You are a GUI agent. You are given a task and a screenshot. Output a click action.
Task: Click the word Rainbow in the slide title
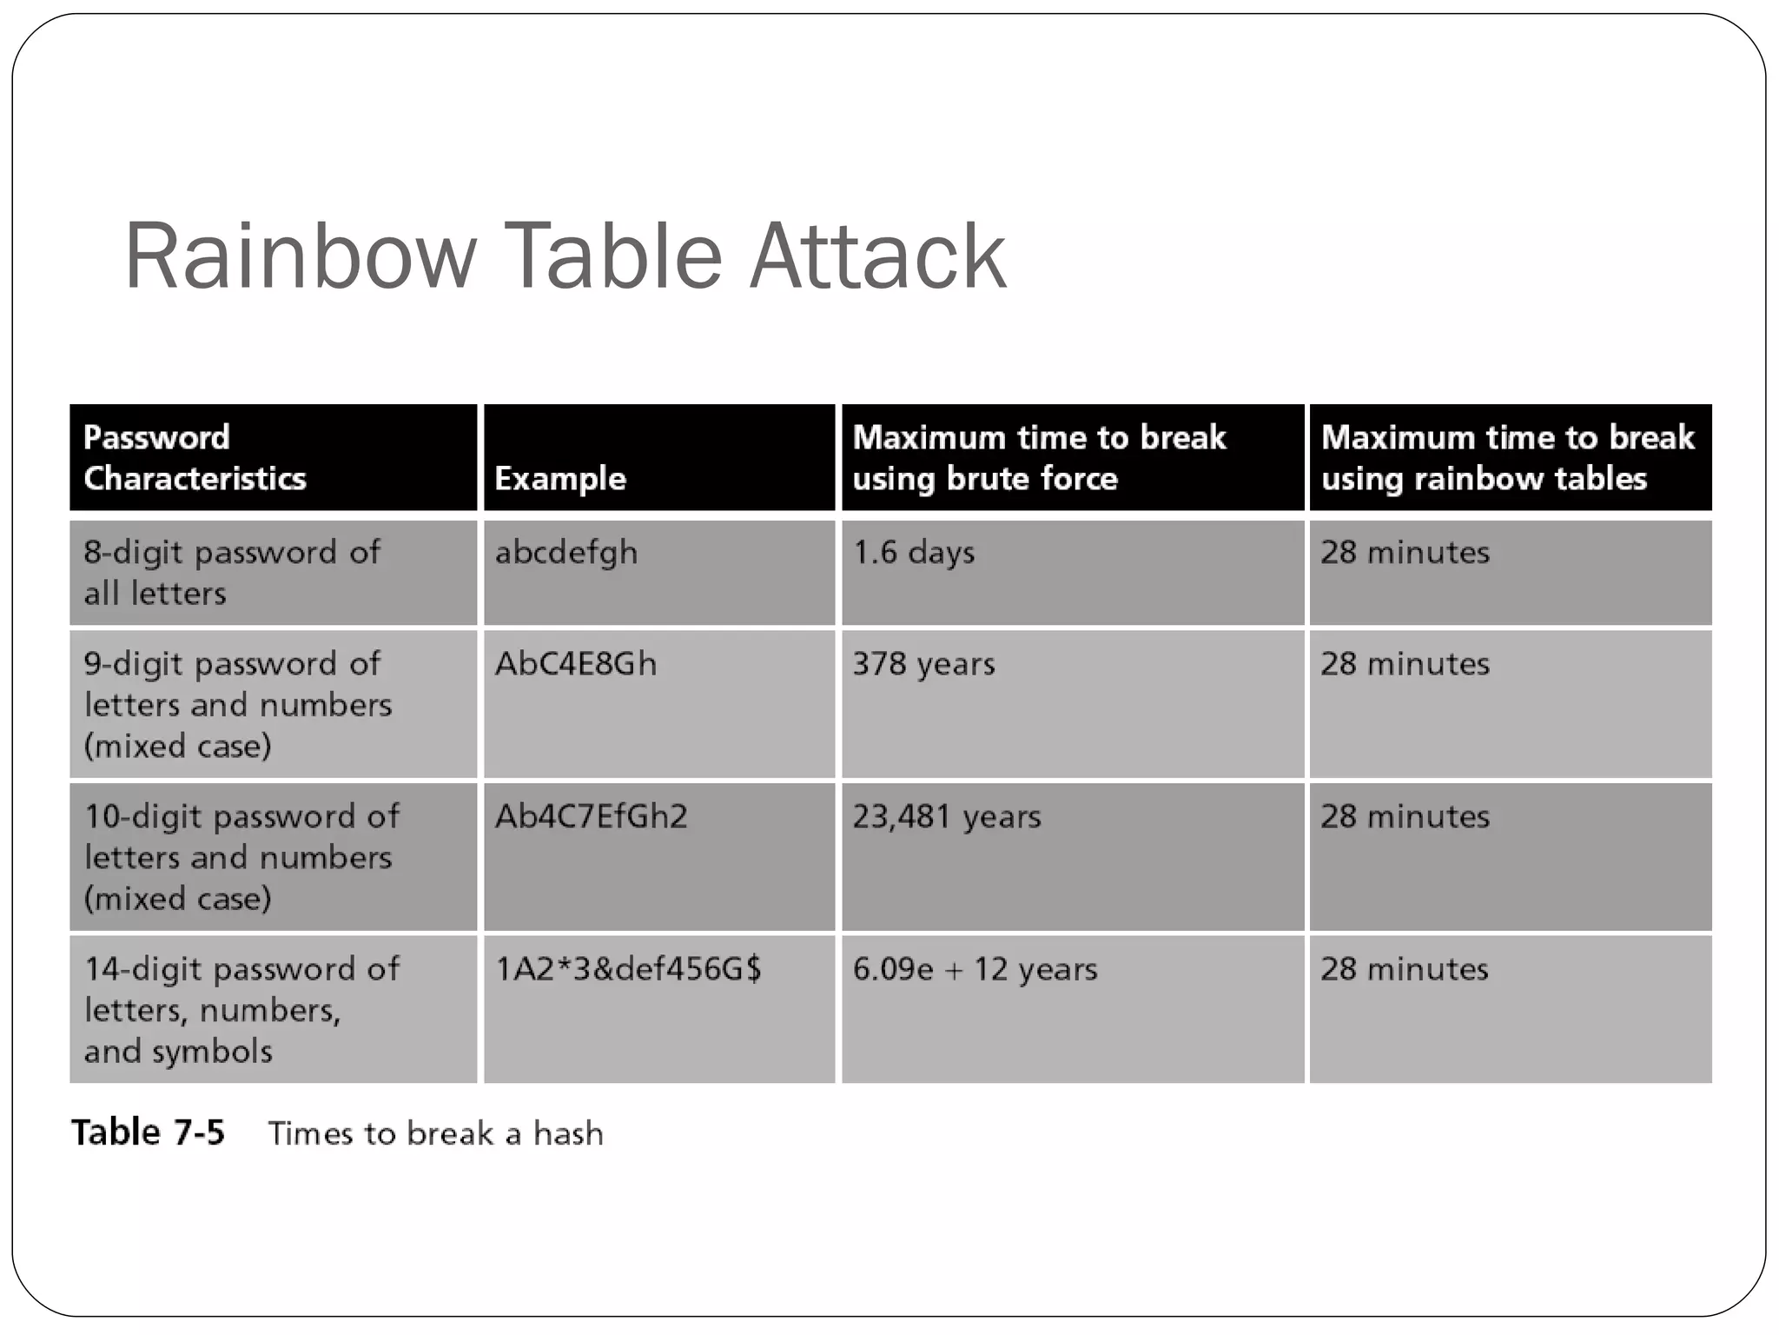tap(301, 256)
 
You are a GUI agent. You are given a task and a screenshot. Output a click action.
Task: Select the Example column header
tap(560, 479)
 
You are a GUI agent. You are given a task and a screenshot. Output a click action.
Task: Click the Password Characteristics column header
tap(195, 457)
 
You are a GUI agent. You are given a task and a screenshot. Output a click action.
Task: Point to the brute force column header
tap(1039, 457)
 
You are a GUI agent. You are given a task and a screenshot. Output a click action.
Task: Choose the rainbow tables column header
tap(1507, 457)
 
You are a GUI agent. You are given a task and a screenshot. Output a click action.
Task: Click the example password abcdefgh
tap(566, 553)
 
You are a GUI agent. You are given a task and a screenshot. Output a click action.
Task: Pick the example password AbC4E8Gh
tap(576, 664)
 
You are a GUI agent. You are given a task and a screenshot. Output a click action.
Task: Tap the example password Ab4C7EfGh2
tap(591, 817)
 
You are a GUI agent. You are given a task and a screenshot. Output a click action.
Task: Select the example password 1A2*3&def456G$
tap(628, 969)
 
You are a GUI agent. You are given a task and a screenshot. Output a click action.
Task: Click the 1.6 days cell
tap(913, 553)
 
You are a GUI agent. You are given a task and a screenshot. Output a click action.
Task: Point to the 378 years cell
tap(923, 664)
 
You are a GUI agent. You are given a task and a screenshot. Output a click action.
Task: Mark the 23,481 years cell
tap(946, 817)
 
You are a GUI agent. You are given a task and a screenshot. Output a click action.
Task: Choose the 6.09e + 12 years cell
tap(975, 969)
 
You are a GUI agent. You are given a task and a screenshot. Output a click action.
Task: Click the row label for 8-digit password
tap(231, 573)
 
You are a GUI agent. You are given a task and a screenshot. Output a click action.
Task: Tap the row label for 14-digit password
tap(241, 1010)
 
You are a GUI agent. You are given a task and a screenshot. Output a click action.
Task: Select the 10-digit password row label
tap(241, 857)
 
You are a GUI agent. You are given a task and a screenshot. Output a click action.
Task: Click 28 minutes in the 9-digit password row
tap(1405, 664)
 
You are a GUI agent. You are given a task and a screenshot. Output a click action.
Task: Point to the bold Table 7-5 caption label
tap(148, 1132)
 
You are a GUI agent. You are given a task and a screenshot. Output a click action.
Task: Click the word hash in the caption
tap(568, 1133)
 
